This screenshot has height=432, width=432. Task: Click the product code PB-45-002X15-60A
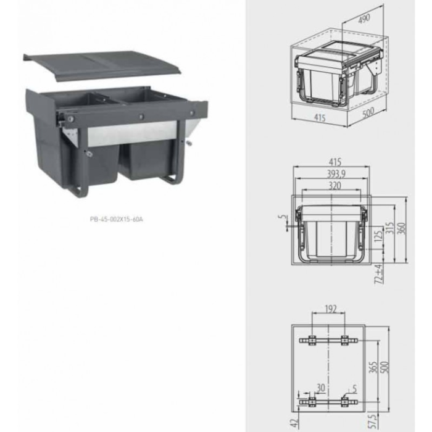tap(116, 219)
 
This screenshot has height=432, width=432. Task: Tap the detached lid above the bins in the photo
tap(102, 66)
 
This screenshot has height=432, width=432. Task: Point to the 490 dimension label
tap(364, 19)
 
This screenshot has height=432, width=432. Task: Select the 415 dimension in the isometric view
tap(320, 118)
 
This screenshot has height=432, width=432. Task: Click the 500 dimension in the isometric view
tap(368, 112)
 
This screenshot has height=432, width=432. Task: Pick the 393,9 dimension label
tap(336, 174)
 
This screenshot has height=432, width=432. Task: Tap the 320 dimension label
tap(334, 186)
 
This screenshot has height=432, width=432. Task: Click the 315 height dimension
tap(389, 228)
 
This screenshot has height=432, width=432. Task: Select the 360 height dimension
tap(402, 228)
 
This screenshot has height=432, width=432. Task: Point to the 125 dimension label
tap(378, 236)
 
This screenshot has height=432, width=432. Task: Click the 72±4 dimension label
tap(380, 274)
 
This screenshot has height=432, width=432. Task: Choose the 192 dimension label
tap(331, 309)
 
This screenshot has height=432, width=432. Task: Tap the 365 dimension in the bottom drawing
tap(373, 368)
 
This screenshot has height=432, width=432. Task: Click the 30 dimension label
tap(321, 388)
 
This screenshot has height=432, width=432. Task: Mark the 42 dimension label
tap(294, 423)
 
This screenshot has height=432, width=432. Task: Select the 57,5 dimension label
tap(373, 422)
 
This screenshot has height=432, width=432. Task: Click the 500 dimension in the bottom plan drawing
tap(385, 367)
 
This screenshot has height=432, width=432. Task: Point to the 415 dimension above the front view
tap(334, 162)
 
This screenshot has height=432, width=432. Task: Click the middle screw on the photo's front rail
tap(141, 117)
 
